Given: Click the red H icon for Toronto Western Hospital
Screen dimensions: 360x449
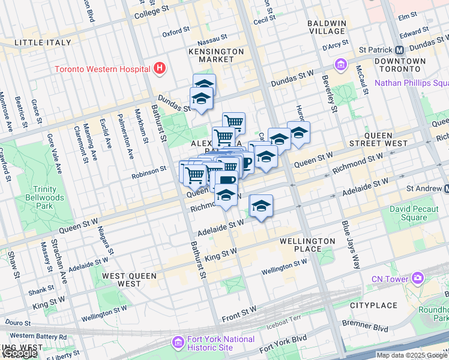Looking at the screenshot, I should click(x=159, y=68).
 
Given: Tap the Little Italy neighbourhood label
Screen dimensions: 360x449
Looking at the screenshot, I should click(x=42, y=43).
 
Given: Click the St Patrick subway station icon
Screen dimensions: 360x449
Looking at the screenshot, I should click(x=400, y=50).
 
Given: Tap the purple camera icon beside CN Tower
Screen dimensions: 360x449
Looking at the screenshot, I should click(x=417, y=278).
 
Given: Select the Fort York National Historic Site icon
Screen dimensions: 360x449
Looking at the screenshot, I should click(x=178, y=343).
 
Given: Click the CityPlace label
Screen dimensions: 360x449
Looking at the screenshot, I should click(x=373, y=305).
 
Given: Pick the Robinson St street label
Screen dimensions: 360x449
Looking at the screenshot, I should click(x=149, y=170).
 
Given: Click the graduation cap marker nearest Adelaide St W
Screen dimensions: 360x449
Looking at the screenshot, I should click(x=261, y=206).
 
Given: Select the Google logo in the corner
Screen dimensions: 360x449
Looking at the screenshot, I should click(x=19, y=353).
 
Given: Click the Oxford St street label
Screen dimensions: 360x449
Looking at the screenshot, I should click(x=175, y=34).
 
